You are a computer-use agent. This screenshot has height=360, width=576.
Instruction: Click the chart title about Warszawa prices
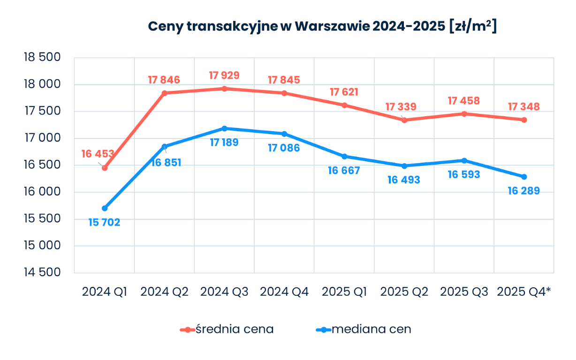[322, 26]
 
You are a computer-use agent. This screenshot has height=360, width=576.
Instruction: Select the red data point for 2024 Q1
[105, 168]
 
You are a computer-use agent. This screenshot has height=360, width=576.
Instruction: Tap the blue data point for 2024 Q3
[224, 128]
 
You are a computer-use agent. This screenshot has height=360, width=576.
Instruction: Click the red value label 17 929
[224, 75]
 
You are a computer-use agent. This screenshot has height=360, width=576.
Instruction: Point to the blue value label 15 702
[104, 222]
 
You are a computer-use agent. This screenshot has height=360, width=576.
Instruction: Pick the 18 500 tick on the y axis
[43, 58]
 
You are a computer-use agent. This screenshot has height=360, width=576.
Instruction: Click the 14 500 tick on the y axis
[43, 272]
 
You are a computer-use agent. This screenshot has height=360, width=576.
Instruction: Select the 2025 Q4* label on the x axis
[523, 292]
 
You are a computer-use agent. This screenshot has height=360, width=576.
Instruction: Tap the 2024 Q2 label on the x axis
[164, 292]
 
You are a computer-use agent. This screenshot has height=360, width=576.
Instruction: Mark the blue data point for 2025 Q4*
[524, 177]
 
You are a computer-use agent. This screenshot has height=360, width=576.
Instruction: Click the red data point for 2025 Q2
[404, 120]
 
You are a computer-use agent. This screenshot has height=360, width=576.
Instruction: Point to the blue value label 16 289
[523, 191]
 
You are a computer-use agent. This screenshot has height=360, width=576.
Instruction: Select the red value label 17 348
[523, 107]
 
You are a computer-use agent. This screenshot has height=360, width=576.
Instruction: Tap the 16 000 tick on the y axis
[43, 192]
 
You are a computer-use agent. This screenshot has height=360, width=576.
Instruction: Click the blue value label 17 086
[284, 148]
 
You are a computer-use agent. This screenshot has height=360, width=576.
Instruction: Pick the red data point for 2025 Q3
[464, 114]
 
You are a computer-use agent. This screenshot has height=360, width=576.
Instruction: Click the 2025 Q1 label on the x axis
[344, 292]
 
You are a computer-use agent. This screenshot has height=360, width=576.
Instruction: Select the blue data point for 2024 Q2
[164, 147]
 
